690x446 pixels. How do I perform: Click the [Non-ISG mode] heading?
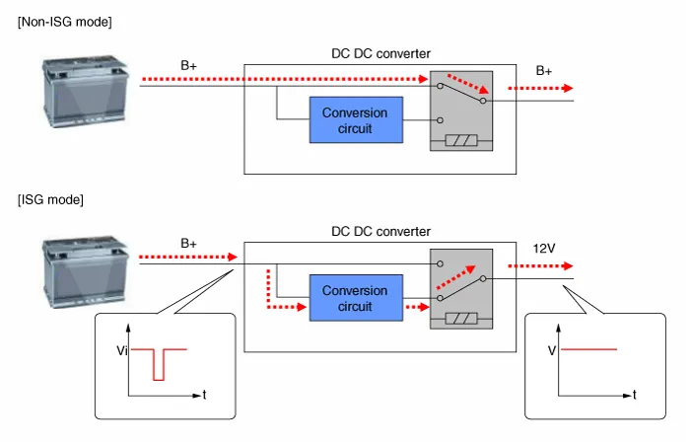pos(64,23)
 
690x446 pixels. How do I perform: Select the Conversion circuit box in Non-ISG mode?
pos(355,120)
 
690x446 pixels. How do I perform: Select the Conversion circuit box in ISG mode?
pos(355,299)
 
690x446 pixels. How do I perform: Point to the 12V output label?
pos(545,250)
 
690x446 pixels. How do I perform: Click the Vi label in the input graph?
pos(121,350)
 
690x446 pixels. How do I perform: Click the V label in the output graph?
pos(552,350)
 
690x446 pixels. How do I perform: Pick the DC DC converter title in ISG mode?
pos(380,231)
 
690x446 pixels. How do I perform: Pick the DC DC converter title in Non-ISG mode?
pos(380,52)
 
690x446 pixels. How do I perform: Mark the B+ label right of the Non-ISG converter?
pos(544,71)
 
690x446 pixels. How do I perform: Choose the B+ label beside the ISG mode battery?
pos(189,242)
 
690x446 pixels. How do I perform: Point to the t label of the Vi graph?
pos(204,395)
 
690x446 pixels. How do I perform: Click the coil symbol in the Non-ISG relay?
pos(461,141)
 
